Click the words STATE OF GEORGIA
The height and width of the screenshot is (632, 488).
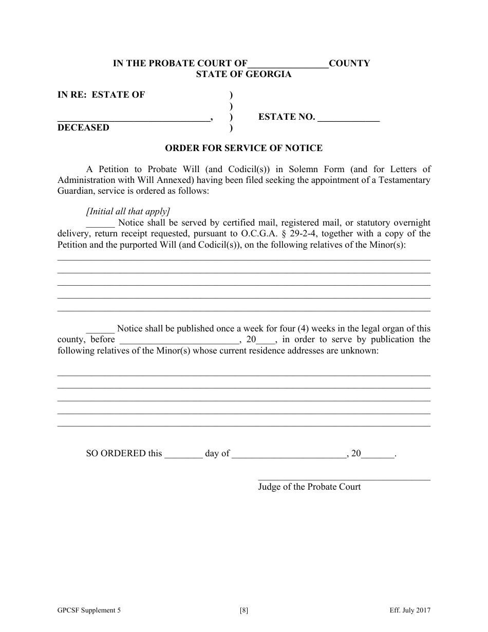pyautogui.click(x=243, y=74)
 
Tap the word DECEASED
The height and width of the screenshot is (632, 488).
pyautogui.click(x=83, y=127)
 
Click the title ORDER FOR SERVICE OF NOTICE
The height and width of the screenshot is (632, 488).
pyautogui.click(x=243, y=148)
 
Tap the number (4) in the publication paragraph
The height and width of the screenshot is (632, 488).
pyautogui.click(x=304, y=329)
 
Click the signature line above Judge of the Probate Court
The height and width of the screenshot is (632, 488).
pyautogui.click(x=344, y=479)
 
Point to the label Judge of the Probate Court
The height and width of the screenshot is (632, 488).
pyautogui.click(x=309, y=487)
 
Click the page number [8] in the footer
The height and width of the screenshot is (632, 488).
pyautogui.click(x=244, y=611)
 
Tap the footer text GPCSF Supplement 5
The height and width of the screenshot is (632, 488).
pyautogui.click(x=89, y=611)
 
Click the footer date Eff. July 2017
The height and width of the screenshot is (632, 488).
pyautogui.click(x=409, y=611)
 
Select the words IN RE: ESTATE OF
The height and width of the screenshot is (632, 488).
pyautogui.click(x=101, y=95)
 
